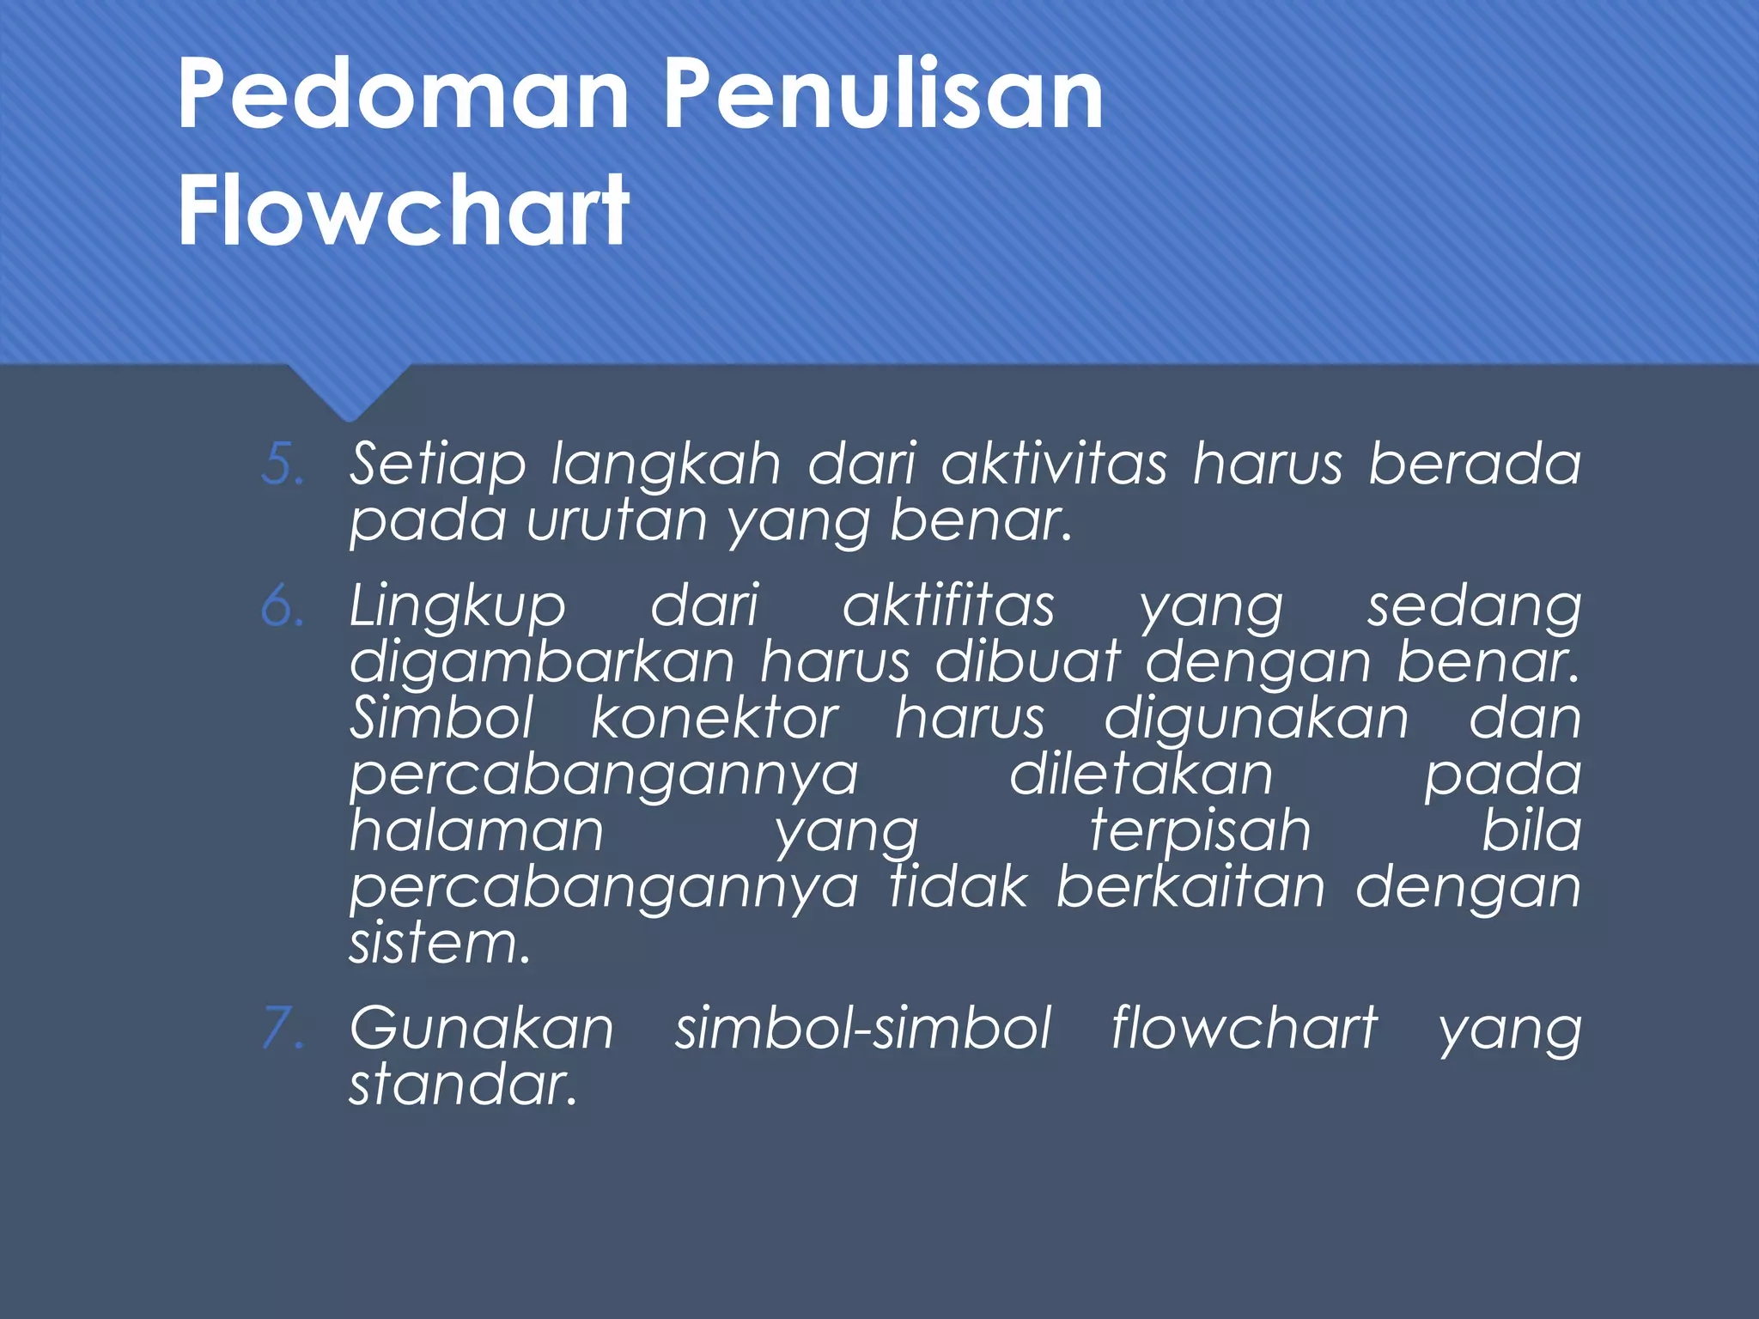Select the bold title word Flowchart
(x=404, y=210)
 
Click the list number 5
(x=282, y=465)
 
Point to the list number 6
(x=282, y=606)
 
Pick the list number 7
(x=282, y=1029)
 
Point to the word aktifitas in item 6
(x=947, y=606)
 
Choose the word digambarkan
(x=542, y=662)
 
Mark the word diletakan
(x=1140, y=775)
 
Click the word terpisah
(x=1200, y=833)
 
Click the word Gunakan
(x=482, y=1029)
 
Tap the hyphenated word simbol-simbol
(x=862, y=1028)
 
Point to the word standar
(x=462, y=1085)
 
